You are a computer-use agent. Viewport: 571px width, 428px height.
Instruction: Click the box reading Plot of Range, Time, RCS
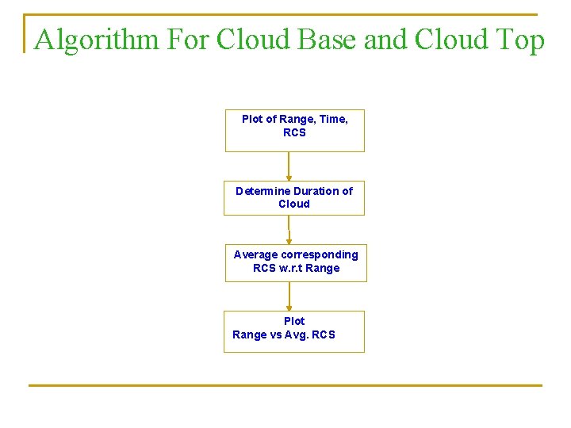point(294,131)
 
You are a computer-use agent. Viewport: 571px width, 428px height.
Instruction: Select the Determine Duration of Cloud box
point(294,197)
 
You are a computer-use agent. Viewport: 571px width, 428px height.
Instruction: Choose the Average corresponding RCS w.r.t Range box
point(295,262)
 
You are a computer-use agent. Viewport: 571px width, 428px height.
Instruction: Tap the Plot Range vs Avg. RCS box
point(294,331)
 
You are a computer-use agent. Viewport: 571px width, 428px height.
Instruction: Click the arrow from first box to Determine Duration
point(289,166)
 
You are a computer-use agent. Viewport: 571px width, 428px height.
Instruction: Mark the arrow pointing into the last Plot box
point(289,296)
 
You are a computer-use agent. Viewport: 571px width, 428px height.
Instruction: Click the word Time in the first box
point(333,119)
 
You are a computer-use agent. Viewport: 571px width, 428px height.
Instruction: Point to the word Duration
point(316,191)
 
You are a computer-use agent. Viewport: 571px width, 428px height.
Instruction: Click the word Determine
point(263,191)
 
